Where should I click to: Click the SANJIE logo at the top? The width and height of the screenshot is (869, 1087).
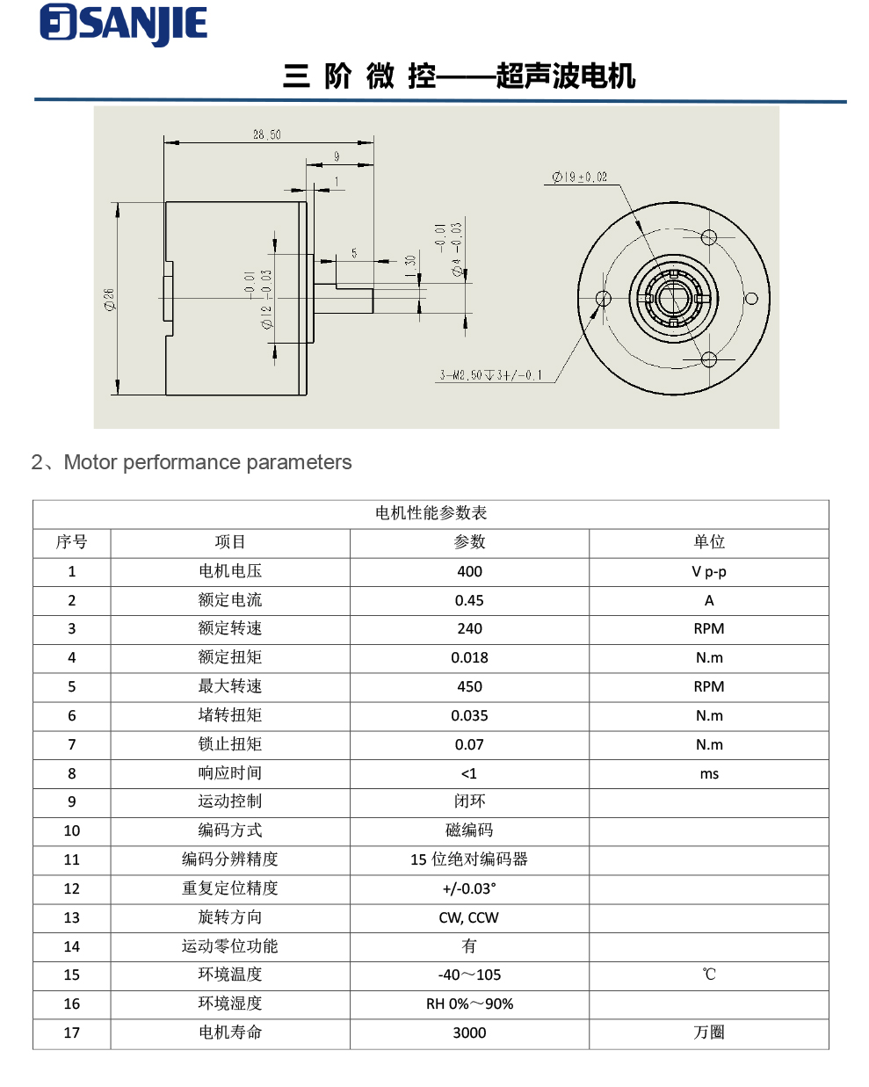click(x=124, y=25)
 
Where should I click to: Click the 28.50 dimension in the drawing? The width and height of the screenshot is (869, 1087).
click(x=266, y=134)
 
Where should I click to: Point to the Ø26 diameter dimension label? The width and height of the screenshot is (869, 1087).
click(x=109, y=299)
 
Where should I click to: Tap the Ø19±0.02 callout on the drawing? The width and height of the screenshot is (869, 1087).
click(x=579, y=177)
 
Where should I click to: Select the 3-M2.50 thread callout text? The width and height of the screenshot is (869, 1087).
click(x=491, y=375)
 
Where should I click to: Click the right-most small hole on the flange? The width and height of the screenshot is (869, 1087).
click(x=751, y=299)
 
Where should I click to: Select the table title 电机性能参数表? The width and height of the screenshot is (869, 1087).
click(x=431, y=513)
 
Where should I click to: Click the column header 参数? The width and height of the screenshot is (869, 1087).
click(x=469, y=542)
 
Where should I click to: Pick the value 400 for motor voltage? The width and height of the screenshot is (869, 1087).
click(x=469, y=572)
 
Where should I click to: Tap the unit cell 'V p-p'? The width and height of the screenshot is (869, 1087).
click(x=708, y=572)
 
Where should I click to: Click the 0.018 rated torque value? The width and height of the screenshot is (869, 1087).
click(x=469, y=658)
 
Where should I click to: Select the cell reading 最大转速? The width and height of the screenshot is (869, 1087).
click(x=230, y=686)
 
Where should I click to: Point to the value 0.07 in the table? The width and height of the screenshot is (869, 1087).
click(x=469, y=744)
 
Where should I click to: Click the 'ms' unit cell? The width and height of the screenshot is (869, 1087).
click(x=708, y=774)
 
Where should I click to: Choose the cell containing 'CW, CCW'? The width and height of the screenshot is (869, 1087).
click(x=468, y=917)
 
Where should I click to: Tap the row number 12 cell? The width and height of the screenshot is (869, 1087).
click(x=72, y=888)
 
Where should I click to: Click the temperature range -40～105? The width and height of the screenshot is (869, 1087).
click(x=469, y=975)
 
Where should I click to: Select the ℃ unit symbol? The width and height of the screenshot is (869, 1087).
click(x=708, y=975)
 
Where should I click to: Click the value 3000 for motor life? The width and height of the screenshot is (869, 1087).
click(x=469, y=1033)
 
